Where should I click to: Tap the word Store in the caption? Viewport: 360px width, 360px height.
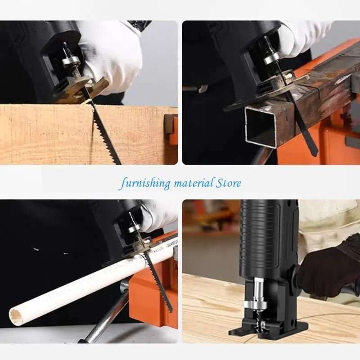click(228, 183)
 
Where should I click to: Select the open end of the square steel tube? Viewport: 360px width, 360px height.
click(260, 127)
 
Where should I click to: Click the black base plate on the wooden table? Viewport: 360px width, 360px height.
click(270, 331)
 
